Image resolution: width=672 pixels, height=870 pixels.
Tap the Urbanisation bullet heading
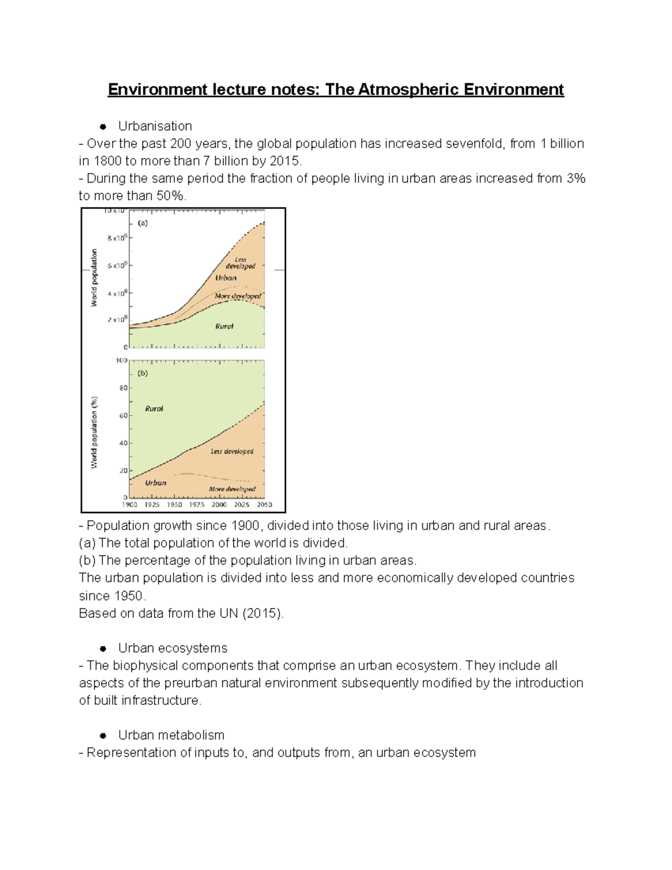point(155,126)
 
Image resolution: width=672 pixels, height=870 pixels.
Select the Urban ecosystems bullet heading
point(172,648)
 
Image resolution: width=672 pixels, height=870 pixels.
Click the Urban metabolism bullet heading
point(171,735)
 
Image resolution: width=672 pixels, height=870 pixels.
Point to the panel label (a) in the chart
point(143,222)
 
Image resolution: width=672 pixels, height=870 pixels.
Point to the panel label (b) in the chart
point(143,373)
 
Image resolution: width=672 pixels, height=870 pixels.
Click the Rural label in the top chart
point(224,326)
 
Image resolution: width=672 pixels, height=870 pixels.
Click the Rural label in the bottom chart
point(154,408)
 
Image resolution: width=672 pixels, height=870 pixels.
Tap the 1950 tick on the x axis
point(174,505)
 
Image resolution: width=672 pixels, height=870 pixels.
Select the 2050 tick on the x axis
point(264,505)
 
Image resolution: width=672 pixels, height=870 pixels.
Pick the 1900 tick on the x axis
point(129,505)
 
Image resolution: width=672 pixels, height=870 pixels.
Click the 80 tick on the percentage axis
point(123,388)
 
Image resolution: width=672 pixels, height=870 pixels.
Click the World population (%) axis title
point(94,432)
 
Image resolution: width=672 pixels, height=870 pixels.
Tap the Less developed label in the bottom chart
point(232,451)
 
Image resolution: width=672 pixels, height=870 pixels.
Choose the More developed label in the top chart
point(237,296)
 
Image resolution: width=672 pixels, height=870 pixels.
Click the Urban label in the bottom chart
point(156,482)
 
